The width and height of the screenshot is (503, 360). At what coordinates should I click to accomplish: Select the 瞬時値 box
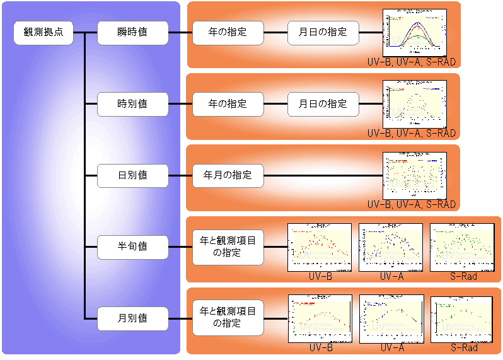(132, 33)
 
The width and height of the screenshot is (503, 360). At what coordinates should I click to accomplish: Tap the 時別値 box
(132, 104)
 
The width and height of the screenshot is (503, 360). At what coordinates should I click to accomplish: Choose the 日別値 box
(132, 175)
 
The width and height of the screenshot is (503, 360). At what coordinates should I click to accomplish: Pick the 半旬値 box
(132, 247)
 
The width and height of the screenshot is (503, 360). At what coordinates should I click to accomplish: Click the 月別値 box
(132, 318)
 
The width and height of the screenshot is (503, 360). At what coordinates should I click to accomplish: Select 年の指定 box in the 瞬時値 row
(228, 33)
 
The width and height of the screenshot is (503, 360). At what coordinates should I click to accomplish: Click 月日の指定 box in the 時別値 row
(323, 104)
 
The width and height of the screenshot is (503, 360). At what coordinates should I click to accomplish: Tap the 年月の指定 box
(228, 175)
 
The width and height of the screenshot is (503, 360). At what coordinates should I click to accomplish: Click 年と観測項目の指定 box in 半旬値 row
(228, 247)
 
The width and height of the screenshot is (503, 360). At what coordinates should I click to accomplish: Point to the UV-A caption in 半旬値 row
(391, 276)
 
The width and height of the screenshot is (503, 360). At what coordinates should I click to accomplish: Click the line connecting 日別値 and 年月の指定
(180, 175)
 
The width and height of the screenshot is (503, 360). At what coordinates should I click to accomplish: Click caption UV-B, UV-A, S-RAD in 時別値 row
(411, 134)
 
